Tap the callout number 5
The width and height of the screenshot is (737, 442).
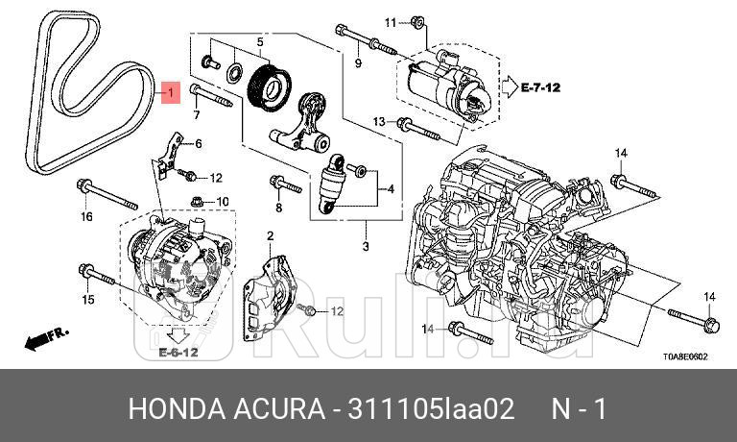(x=258, y=41)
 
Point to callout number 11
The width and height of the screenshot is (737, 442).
(x=391, y=21)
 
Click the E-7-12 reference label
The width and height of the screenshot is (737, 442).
(x=539, y=87)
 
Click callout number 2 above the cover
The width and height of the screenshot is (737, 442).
(x=271, y=235)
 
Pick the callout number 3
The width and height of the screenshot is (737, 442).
(x=365, y=247)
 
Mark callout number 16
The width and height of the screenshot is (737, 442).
(x=85, y=216)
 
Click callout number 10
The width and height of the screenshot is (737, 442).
(x=223, y=201)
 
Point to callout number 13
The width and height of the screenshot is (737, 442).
(x=379, y=121)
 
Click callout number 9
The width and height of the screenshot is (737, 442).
(x=358, y=63)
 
